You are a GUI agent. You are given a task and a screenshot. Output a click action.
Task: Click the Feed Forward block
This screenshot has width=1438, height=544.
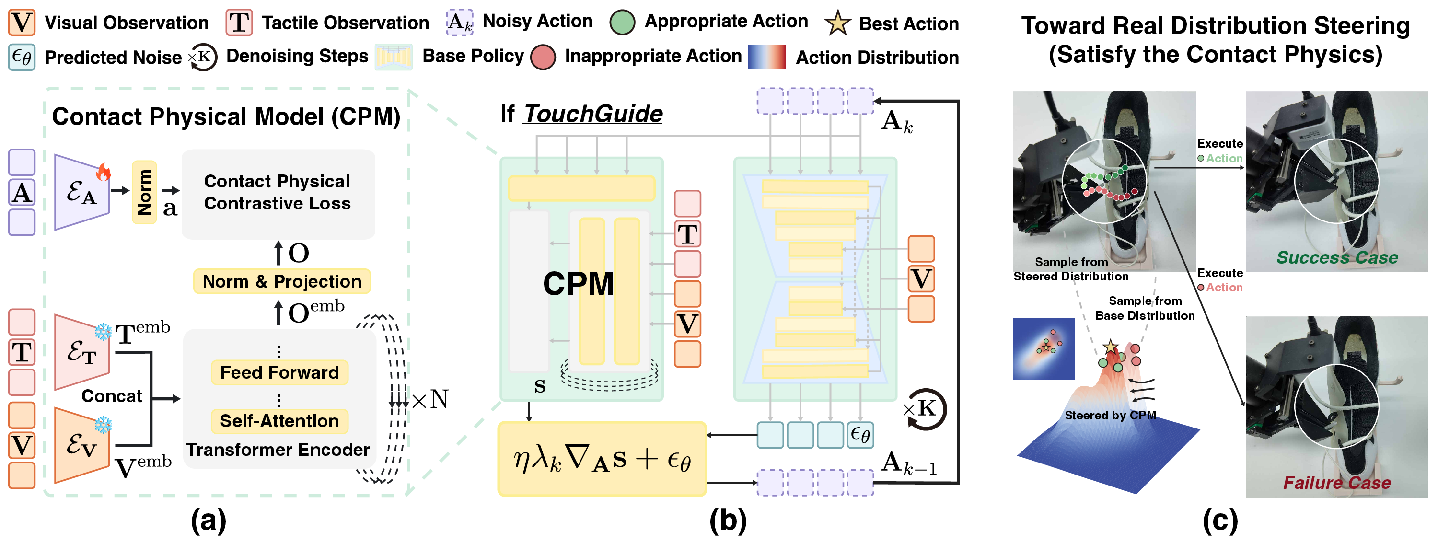[279, 372]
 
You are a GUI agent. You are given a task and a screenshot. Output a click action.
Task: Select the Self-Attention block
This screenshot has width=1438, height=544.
[279, 421]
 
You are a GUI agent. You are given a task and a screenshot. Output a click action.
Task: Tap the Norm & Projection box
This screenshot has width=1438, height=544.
[282, 281]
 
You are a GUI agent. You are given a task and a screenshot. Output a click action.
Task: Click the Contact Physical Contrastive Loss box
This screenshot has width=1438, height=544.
[278, 193]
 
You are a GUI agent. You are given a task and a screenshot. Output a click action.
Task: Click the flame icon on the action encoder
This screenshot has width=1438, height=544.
[103, 172]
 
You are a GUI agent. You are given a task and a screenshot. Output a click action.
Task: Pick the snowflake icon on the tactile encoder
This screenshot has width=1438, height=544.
[103, 331]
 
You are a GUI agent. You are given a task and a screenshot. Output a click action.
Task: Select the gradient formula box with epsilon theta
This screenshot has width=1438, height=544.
[602, 459]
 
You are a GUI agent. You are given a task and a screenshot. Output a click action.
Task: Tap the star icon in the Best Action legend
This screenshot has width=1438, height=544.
[837, 23]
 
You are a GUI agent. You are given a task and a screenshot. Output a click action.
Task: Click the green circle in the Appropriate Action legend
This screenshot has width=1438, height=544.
[622, 23]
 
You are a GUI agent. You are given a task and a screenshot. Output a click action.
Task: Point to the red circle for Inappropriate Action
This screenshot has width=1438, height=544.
[543, 57]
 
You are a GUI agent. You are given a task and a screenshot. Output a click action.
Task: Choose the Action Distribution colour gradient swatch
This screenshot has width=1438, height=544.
[766, 57]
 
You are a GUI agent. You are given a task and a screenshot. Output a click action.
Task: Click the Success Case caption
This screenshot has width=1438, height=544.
[1336, 257]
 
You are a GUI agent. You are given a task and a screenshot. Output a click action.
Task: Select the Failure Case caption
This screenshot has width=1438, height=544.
[1336, 482]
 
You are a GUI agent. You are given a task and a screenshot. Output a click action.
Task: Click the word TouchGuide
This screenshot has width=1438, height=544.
[593, 114]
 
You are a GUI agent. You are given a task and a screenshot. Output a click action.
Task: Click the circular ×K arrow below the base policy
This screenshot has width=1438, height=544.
[926, 409]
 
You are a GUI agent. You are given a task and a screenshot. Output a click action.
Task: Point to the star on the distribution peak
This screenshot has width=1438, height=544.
[1110, 347]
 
